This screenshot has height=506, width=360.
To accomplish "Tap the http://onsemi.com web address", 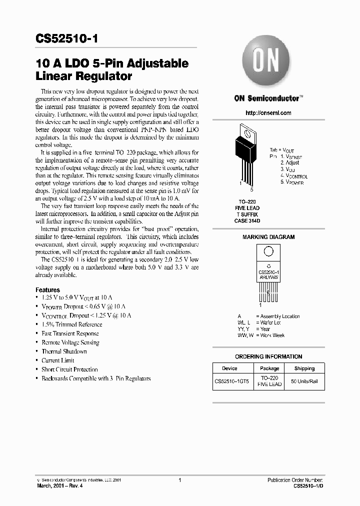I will [268, 113].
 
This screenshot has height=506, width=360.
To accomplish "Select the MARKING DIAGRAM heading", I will [268, 237].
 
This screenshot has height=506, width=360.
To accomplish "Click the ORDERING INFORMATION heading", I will [268, 356].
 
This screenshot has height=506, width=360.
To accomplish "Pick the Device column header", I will [229, 368].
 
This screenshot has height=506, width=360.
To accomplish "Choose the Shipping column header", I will [304, 368].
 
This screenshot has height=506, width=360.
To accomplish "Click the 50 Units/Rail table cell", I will [304, 381].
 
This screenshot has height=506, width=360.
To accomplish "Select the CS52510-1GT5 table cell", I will [232, 381].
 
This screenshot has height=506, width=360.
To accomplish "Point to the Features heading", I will [47, 290].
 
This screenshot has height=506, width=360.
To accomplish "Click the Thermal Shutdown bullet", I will [64, 351].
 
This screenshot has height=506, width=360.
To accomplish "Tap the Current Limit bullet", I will [58, 360].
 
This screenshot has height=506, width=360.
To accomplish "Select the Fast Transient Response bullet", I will [70, 333].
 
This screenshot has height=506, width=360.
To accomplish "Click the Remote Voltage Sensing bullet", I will [70, 342].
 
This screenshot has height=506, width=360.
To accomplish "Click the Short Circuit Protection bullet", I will [69, 369].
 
